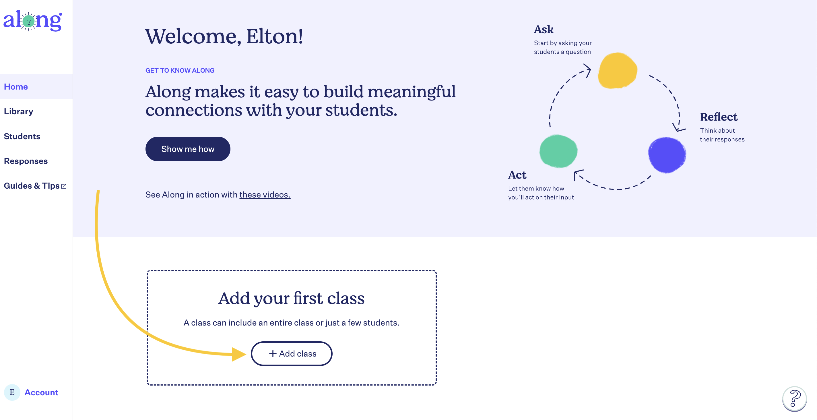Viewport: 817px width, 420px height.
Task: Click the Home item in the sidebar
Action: tap(16, 87)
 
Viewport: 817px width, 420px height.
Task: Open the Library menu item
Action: tap(18, 111)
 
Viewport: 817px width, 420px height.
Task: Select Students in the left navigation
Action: tap(22, 136)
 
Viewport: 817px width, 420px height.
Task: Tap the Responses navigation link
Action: tap(26, 161)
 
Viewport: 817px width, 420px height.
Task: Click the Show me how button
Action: tap(188, 149)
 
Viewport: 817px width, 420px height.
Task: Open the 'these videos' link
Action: tap(265, 195)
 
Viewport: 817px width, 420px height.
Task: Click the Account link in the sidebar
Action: tap(41, 392)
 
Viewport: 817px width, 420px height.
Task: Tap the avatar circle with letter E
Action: tap(12, 392)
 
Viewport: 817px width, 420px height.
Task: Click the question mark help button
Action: tap(794, 399)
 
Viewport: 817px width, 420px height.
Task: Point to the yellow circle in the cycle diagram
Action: tap(618, 70)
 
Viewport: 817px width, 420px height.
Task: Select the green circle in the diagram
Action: tap(558, 151)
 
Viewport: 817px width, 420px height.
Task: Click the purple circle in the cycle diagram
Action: tap(667, 155)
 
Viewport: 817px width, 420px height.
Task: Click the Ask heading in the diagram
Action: tap(544, 30)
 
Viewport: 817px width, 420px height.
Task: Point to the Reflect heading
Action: tap(719, 117)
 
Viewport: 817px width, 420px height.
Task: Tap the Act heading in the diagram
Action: tap(517, 175)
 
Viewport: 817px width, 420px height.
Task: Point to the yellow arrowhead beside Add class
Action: tap(239, 354)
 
